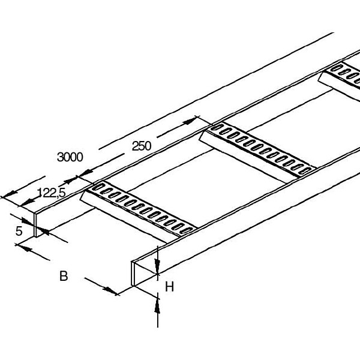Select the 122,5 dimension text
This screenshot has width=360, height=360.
tap(51, 192)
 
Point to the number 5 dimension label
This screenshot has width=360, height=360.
tap(19, 231)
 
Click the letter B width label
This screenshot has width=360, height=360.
tap(63, 277)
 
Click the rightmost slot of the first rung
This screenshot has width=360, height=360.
tap(187, 230)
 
